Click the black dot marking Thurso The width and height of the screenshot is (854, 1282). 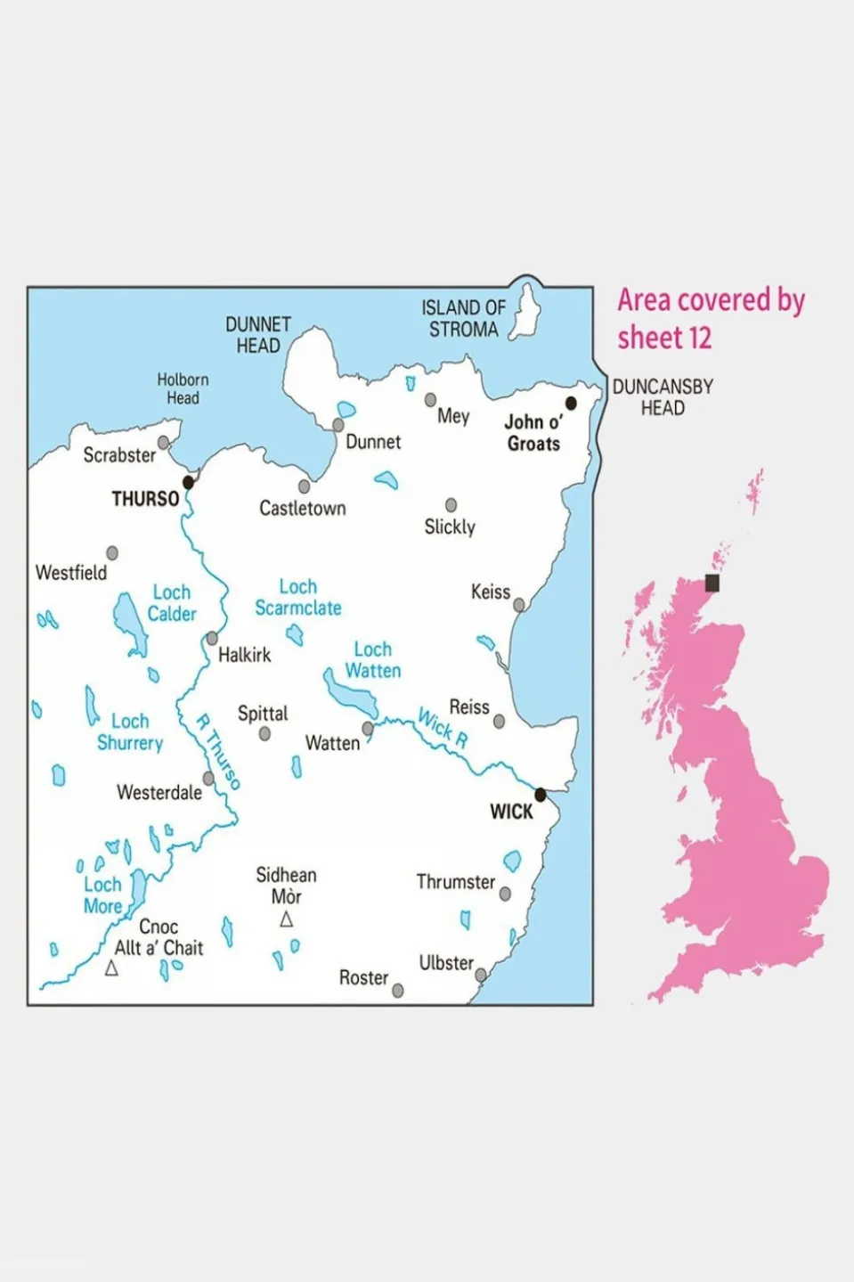pyautogui.click(x=188, y=482)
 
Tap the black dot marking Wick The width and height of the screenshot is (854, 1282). pyautogui.click(x=540, y=794)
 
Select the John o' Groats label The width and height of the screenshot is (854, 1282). pyautogui.click(x=533, y=433)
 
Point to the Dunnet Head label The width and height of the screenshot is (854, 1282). pyautogui.click(x=257, y=335)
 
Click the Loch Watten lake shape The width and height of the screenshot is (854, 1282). pyautogui.click(x=348, y=693)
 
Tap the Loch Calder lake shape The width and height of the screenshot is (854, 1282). pyautogui.click(x=129, y=621)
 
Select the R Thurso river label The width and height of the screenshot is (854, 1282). pyautogui.click(x=218, y=751)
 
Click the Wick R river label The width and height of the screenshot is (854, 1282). pyautogui.click(x=443, y=728)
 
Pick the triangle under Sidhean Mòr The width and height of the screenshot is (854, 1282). pyautogui.click(x=286, y=919)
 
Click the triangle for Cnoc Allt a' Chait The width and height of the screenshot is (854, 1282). pyautogui.click(x=111, y=968)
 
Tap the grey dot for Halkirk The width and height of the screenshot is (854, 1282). pyautogui.click(x=212, y=638)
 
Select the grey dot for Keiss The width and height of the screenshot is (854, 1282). pyautogui.click(x=519, y=605)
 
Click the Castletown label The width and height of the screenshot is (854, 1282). pyautogui.click(x=303, y=509)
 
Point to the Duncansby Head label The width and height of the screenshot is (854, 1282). pyautogui.click(x=663, y=397)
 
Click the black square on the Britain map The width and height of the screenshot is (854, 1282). pyautogui.click(x=712, y=583)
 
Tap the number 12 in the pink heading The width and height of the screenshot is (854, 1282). pyautogui.click(x=700, y=339)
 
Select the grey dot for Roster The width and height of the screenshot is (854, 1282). pyautogui.click(x=398, y=990)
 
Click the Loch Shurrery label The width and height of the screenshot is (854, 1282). pyautogui.click(x=130, y=731)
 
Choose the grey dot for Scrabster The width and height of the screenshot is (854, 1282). pyautogui.click(x=163, y=442)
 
